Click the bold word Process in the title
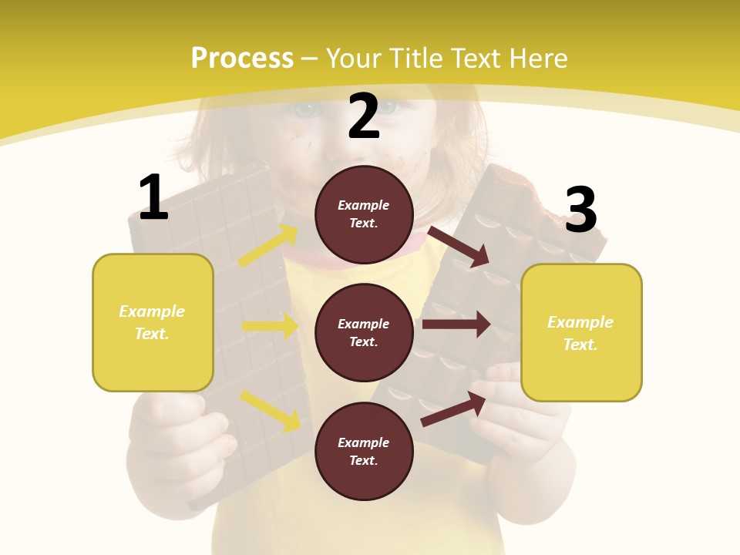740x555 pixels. point(242,59)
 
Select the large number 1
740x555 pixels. point(153,198)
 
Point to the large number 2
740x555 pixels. point(364,116)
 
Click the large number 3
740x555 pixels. point(580,210)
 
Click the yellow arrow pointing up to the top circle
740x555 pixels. point(267,246)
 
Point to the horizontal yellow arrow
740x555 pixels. point(270,326)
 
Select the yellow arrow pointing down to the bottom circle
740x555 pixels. point(271,410)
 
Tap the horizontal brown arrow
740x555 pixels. point(456,325)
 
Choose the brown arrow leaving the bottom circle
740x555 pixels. point(454,409)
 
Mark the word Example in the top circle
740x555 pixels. point(364,205)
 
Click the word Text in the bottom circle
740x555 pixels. point(362,460)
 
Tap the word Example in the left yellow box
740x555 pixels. point(152,311)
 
